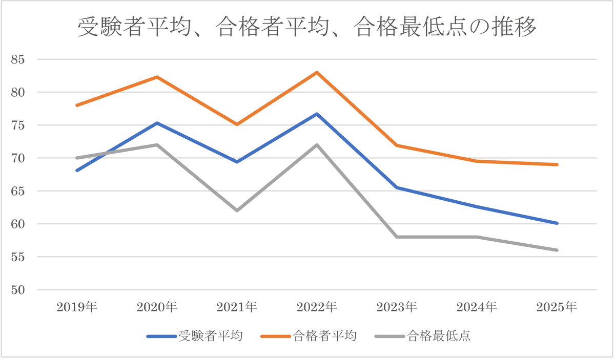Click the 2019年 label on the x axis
coord(77,307)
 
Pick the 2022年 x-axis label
coord(317,307)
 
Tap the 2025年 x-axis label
coord(557,307)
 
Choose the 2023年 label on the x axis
coord(397,307)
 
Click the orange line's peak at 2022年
coord(317,72)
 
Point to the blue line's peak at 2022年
coord(317,114)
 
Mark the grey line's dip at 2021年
coord(237,210)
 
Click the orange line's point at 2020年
coord(157,77)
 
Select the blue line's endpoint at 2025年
coord(557,223)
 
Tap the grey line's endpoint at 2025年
coord(557,250)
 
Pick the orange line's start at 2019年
coord(77,105)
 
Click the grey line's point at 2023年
coord(397,237)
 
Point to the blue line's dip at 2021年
coord(237,162)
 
